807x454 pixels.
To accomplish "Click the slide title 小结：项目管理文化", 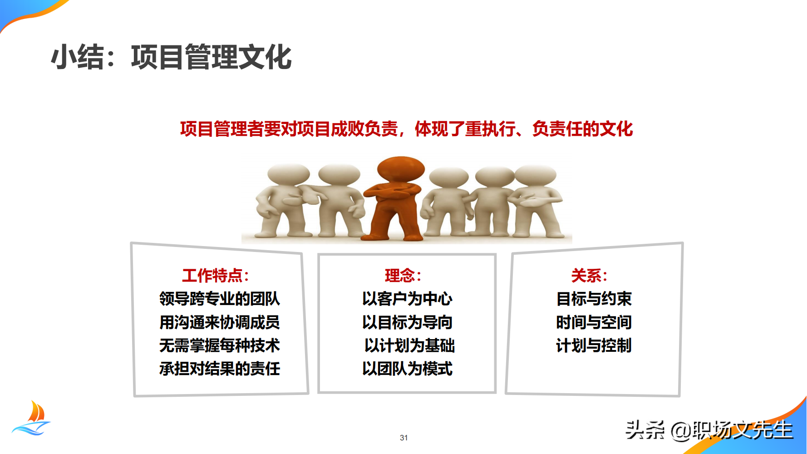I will (x=171, y=57).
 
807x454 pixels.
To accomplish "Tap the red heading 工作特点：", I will (x=215, y=275).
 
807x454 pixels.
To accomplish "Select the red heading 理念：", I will (x=403, y=275).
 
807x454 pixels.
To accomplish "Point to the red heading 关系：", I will (x=589, y=275).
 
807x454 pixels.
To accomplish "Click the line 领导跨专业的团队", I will (x=220, y=299).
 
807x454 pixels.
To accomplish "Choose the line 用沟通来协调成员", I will (x=220, y=322).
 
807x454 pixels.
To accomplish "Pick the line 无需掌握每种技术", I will (x=220, y=345).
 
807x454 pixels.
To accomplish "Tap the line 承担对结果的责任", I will (x=220, y=369).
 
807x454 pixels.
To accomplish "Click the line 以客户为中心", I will (x=407, y=299).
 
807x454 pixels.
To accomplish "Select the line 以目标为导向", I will (x=407, y=322).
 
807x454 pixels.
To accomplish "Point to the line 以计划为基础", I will (x=409, y=345).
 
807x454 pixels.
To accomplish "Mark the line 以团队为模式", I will (x=407, y=369).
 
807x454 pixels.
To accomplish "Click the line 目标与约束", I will (x=594, y=299).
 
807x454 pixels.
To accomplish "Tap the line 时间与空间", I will (x=594, y=322).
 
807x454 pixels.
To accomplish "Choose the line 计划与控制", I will (x=594, y=345).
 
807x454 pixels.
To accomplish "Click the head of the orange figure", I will (x=400, y=169).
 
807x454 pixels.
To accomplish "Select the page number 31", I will (x=404, y=438).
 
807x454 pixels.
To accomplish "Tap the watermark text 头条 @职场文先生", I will (x=709, y=429).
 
